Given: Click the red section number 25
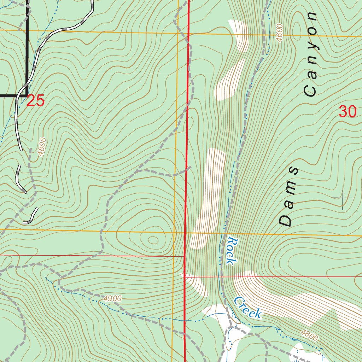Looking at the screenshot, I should [x=35, y=101].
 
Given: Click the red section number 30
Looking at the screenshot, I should [x=347, y=112].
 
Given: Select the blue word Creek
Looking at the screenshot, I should [x=248, y=308].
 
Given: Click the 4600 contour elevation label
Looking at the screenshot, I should [x=279, y=33].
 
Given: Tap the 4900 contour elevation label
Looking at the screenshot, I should [x=112, y=299].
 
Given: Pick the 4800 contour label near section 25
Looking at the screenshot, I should [x=41, y=147].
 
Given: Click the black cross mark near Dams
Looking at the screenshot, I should [x=343, y=198].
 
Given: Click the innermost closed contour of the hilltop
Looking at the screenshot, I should [x=153, y=240].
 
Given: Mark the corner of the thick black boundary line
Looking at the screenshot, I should [x=28, y=95].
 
